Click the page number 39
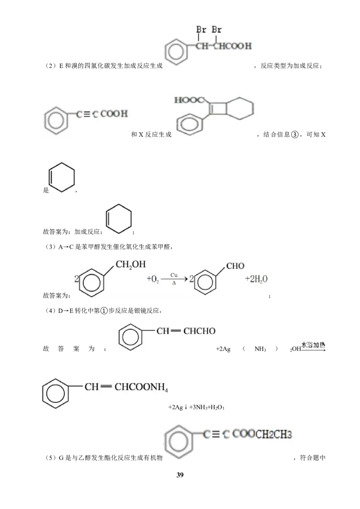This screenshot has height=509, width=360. [x=180, y=475]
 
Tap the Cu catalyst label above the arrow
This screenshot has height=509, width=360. [x=174, y=275]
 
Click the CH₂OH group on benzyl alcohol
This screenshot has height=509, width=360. [x=130, y=264]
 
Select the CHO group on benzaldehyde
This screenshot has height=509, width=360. [x=235, y=266]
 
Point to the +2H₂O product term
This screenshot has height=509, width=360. [x=256, y=279]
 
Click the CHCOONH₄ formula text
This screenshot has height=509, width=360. [x=141, y=387]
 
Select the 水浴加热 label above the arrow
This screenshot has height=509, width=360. [x=313, y=345]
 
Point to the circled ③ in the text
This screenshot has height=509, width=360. [x=295, y=134]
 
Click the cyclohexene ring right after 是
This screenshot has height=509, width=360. [x=61, y=177]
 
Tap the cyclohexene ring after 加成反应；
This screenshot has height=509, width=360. [x=119, y=219]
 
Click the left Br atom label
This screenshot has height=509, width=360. [x=201, y=30]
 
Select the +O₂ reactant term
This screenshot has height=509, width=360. [x=153, y=279]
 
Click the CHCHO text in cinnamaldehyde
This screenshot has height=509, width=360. [x=199, y=331]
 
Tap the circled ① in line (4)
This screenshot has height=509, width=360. [x=103, y=311]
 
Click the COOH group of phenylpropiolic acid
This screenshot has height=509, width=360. [x=114, y=114]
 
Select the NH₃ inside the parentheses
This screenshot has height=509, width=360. [x=260, y=349]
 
